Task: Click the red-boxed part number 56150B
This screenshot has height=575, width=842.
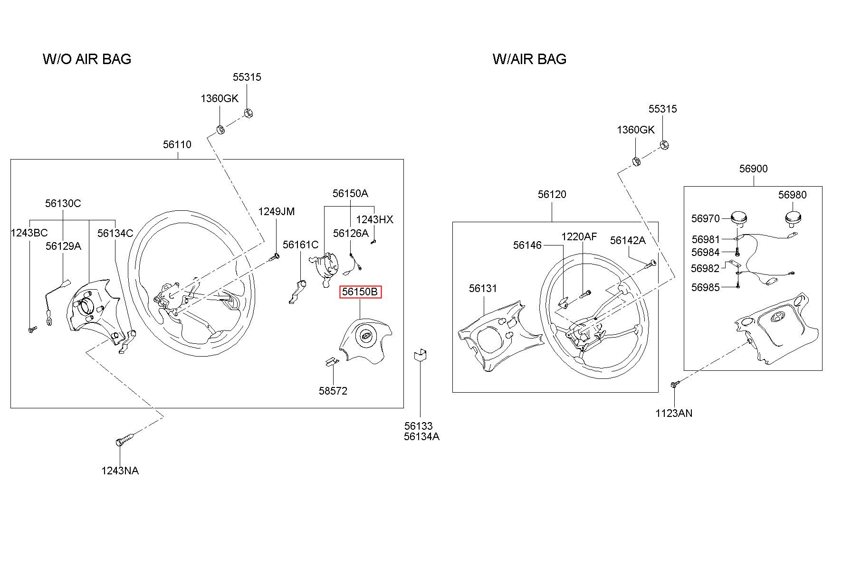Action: [360, 292]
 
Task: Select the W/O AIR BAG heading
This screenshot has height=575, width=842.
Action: [87, 59]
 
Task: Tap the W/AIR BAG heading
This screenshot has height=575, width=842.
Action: [529, 59]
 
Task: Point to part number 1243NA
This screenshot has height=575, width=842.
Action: [120, 471]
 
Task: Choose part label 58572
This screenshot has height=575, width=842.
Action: [333, 391]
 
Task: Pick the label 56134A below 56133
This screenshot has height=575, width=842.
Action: [421, 436]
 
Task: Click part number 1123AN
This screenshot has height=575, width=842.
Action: [674, 413]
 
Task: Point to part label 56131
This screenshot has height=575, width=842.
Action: [483, 288]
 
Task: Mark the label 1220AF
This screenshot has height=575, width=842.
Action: [579, 236]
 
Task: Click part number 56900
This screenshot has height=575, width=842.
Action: [753, 169]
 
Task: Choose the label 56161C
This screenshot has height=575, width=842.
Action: [300, 245]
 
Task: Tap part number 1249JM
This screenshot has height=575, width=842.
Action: [276, 211]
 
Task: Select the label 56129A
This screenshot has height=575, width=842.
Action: [63, 246]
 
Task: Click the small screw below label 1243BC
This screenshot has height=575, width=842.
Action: [31, 329]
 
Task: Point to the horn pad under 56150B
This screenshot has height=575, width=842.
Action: [365, 340]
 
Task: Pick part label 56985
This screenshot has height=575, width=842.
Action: [705, 287]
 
